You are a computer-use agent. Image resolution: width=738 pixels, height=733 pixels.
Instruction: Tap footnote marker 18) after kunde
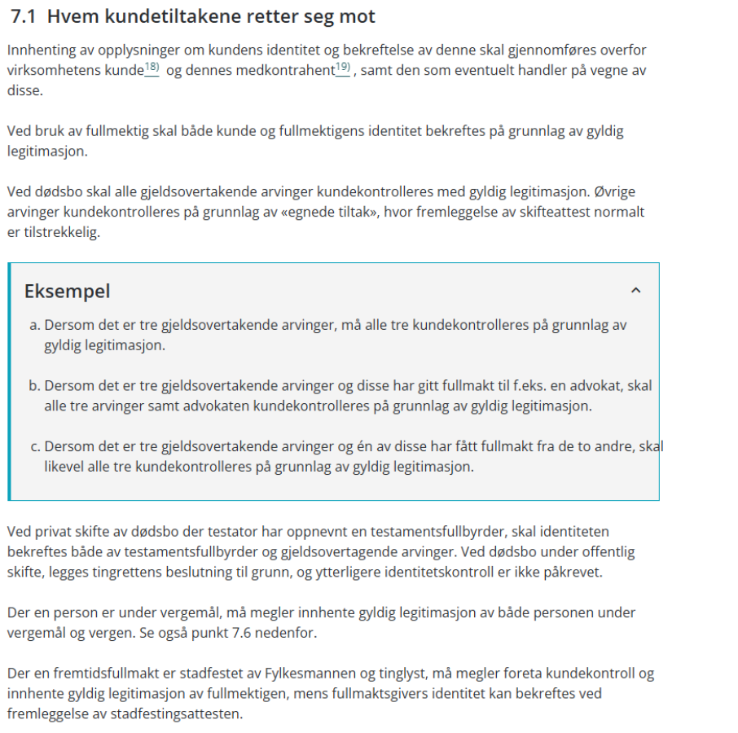coord(152,68)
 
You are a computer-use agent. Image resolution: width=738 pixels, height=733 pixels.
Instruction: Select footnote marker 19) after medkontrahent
coord(342,68)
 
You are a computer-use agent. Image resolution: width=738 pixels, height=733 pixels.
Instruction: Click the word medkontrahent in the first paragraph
coord(285,71)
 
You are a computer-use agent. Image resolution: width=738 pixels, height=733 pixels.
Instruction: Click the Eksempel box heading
coord(67,291)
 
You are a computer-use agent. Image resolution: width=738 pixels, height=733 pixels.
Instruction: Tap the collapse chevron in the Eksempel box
coord(636,290)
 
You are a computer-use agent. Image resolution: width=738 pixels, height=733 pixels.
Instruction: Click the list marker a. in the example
coord(34,325)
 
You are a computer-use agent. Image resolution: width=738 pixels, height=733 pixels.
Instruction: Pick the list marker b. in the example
coord(34,386)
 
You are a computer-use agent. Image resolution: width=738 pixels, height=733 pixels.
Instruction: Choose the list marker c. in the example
coord(34,447)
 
